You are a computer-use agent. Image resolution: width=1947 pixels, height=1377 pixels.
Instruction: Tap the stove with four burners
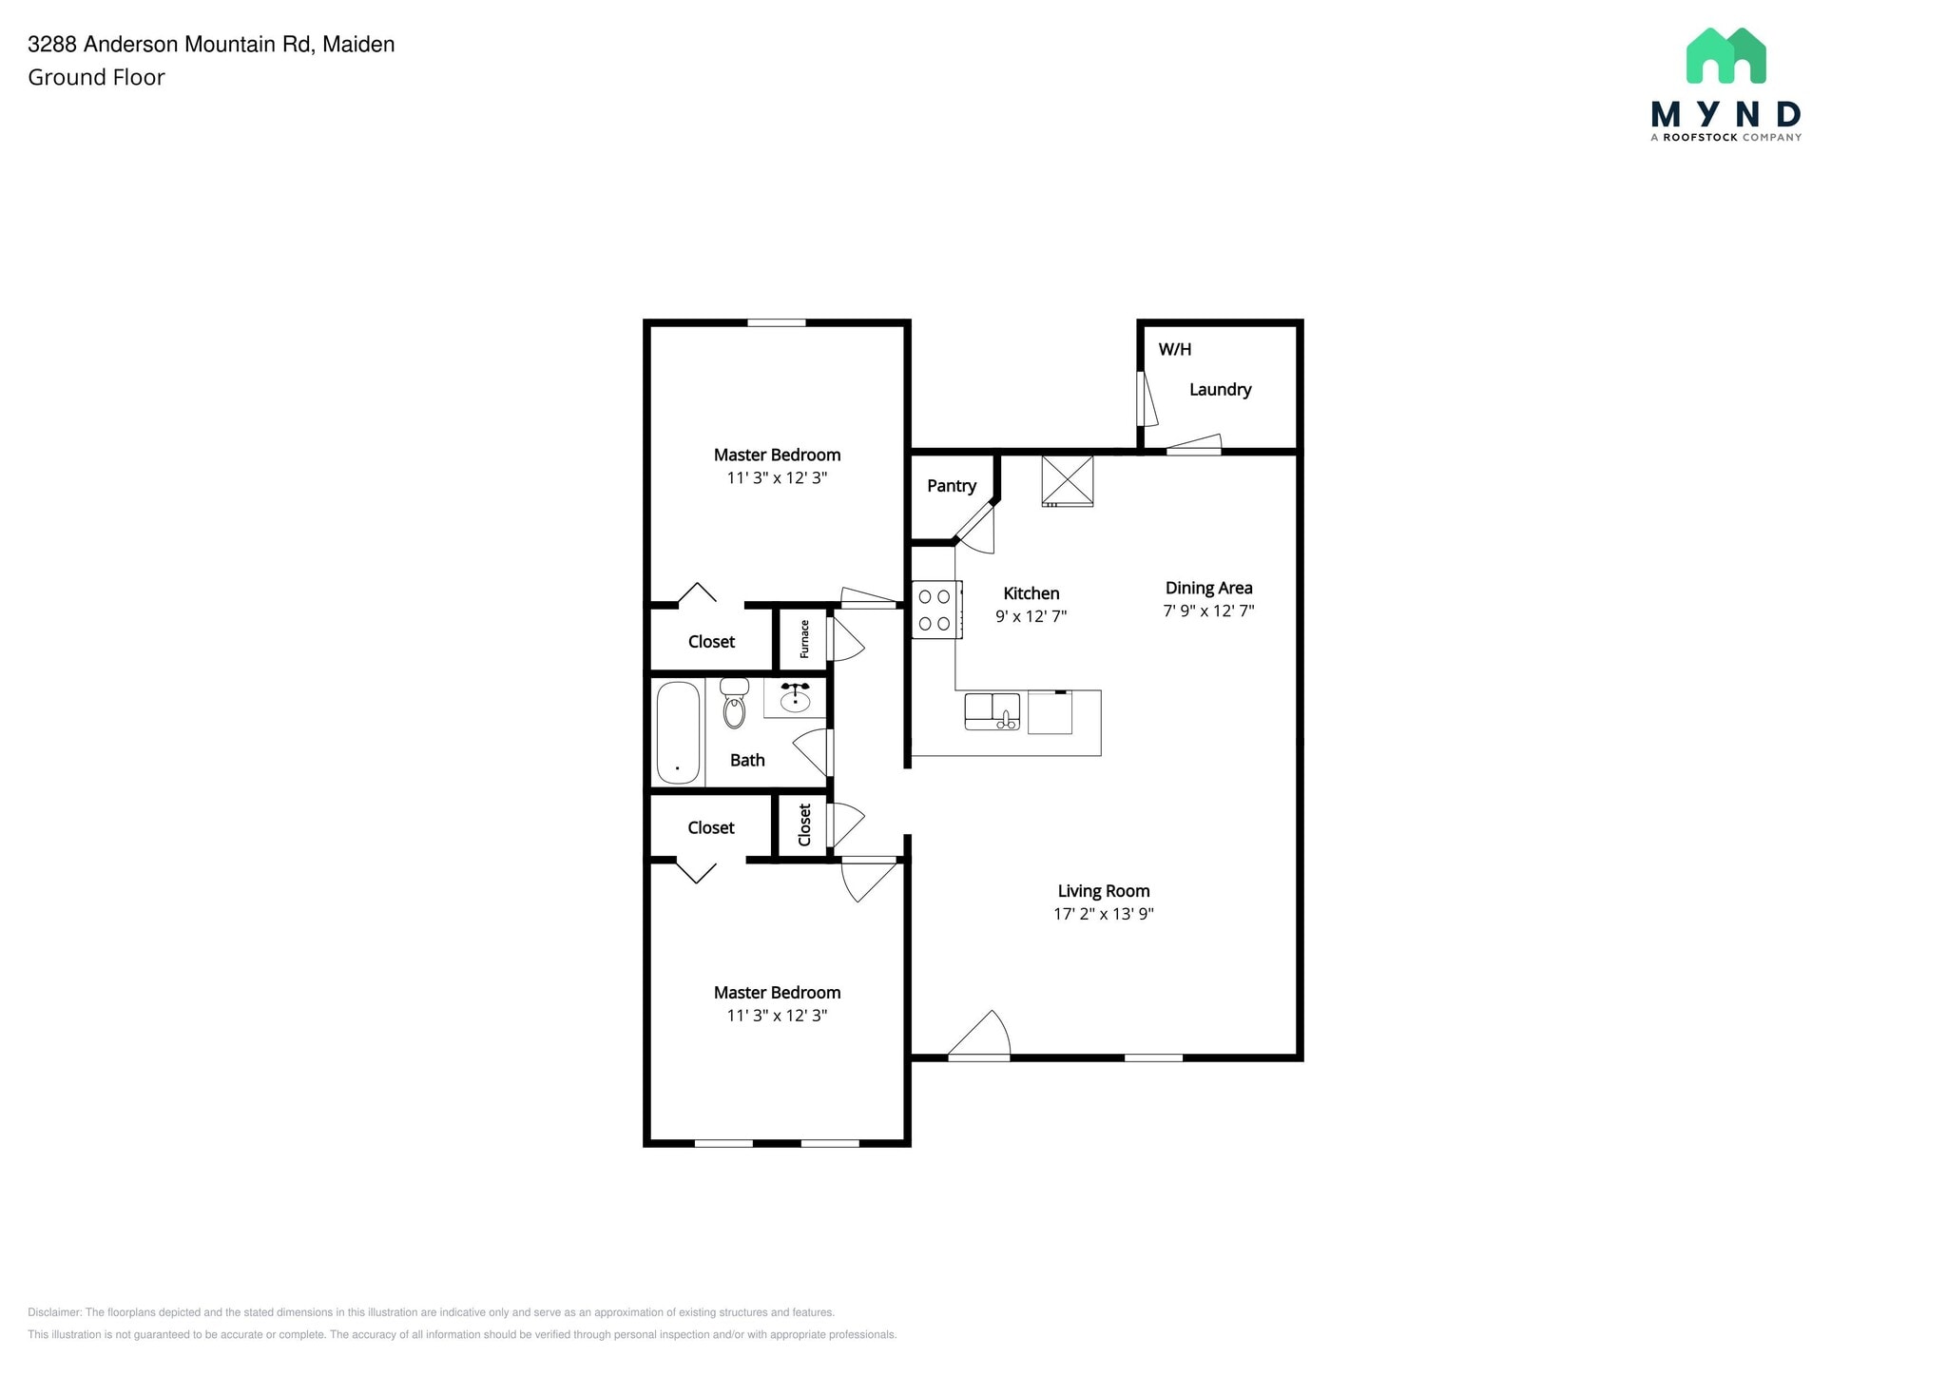coord(935,610)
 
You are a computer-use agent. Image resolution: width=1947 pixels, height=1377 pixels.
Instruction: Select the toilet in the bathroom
coord(734,704)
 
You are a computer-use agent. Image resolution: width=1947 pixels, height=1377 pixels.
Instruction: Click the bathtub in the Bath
coord(678,732)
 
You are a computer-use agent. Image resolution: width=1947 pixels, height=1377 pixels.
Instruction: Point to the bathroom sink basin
coord(795,701)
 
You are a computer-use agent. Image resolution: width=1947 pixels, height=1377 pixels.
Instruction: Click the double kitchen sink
coord(992,710)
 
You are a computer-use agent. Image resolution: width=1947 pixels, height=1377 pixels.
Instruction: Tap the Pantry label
coord(951,486)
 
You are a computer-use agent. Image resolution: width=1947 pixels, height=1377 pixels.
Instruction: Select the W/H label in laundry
coord(1174,349)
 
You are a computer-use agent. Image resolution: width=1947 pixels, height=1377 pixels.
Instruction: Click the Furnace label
coord(804,638)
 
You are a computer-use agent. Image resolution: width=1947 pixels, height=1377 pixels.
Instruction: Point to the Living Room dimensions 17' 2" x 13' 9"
coord(1103,914)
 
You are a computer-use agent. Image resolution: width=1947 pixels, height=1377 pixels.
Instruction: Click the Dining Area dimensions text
coord(1208,611)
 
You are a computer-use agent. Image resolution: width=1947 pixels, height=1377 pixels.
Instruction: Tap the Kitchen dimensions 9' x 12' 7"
coord(1031,616)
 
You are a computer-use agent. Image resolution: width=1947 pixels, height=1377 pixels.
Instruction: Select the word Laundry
coord(1220,389)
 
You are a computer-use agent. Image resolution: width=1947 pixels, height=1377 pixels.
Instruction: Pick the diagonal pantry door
coord(974,524)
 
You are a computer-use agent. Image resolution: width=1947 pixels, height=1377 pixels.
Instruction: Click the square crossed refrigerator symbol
coord(1068,480)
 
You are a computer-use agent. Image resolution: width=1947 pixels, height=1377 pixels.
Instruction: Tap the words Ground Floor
coord(96,77)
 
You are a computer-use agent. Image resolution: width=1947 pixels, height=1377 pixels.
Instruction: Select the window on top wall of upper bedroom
coord(776,323)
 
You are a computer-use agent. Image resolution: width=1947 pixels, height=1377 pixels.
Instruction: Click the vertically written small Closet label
coord(804,824)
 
